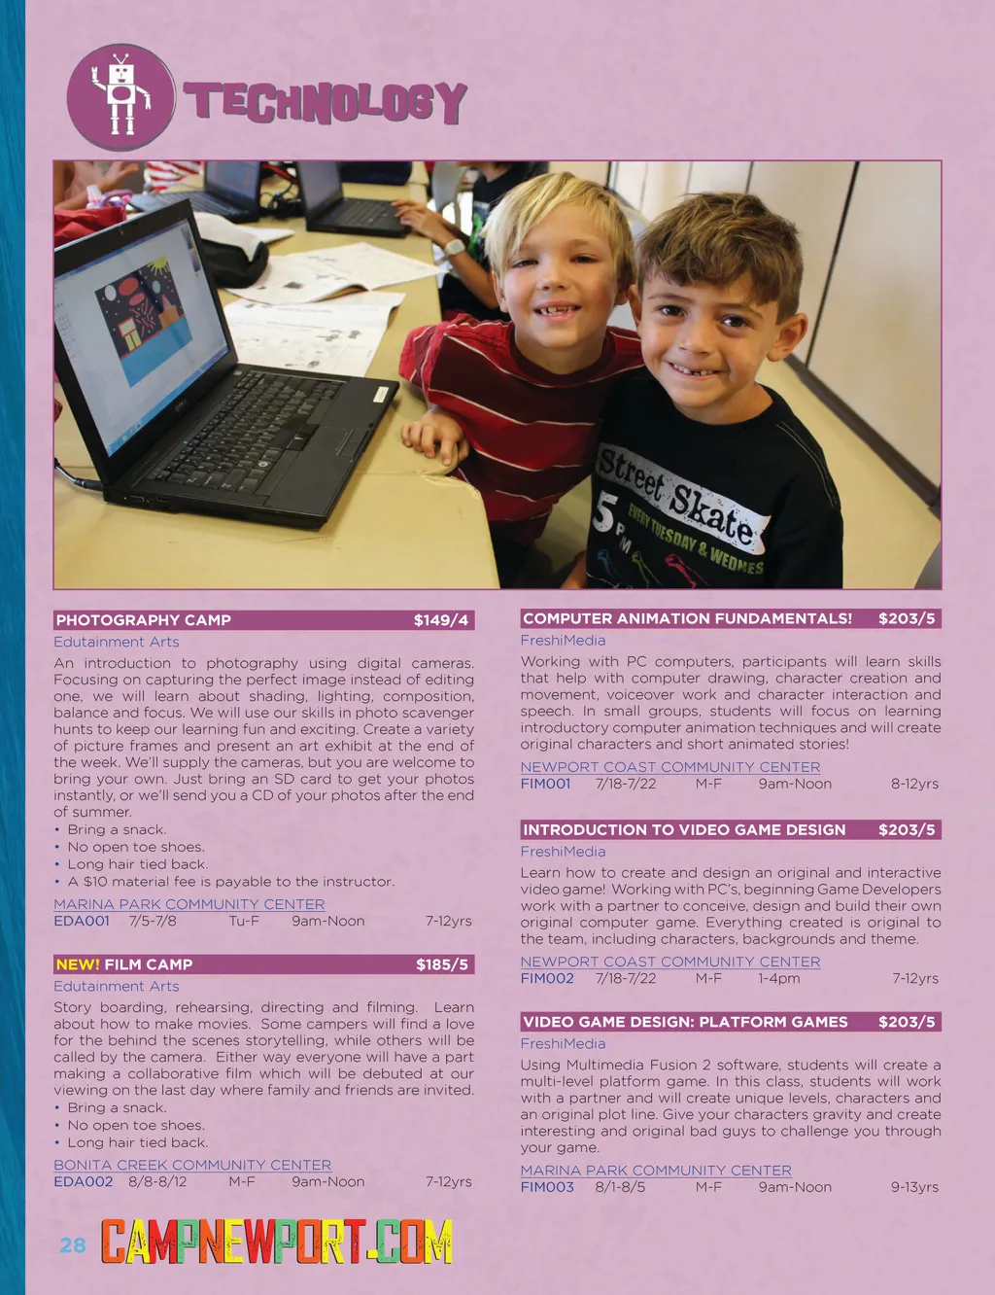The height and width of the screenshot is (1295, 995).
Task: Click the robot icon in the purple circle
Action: (120, 96)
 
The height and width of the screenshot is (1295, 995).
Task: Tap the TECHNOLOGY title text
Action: (326, 102)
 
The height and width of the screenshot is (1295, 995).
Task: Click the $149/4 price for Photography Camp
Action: (440, 620)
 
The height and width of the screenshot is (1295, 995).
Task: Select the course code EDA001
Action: (82, 921)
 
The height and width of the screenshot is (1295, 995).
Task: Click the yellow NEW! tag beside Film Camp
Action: (78, 964)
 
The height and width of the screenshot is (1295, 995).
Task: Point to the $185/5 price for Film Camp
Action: (441, 964)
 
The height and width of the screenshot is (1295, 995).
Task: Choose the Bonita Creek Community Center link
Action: (192, 1165)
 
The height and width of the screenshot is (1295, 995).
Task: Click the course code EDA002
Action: (83, 1182)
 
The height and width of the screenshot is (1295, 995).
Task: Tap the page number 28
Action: (73, 1245)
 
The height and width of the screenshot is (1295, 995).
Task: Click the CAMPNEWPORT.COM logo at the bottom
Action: (277, 1242)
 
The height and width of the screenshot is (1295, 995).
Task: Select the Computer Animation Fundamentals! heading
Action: (687, 618)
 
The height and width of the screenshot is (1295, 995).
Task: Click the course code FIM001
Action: (545, 784)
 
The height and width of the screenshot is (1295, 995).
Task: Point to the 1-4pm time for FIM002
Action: (779, 979)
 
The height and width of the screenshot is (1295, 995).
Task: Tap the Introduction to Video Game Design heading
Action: (684, 830)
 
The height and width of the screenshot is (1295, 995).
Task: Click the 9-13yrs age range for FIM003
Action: (914, 1187)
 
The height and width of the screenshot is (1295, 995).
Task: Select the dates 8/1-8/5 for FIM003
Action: (620, 1187)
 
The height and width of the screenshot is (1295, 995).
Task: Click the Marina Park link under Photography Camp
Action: (189, 904)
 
